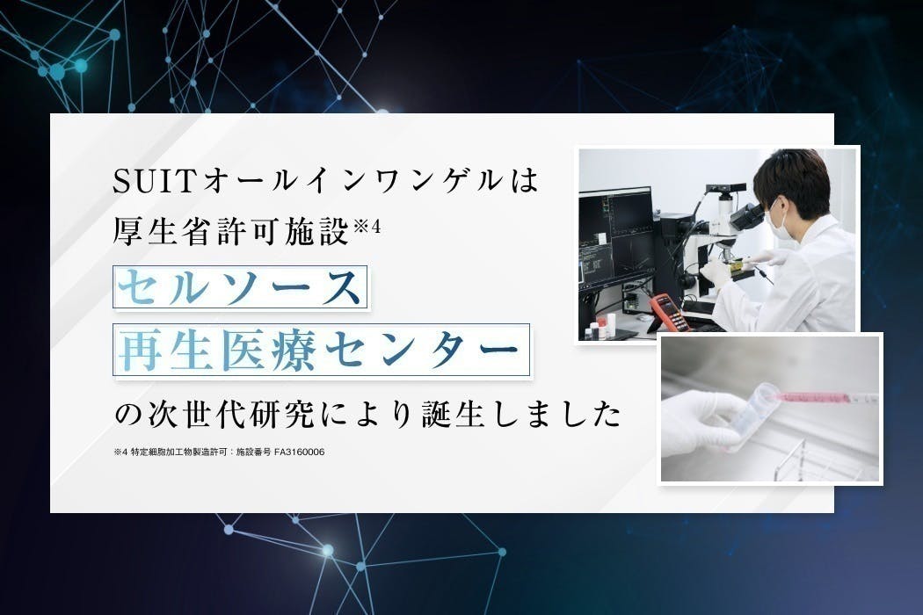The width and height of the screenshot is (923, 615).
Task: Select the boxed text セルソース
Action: [239, 286]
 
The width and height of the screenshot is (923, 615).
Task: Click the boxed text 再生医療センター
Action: [322, 351]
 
